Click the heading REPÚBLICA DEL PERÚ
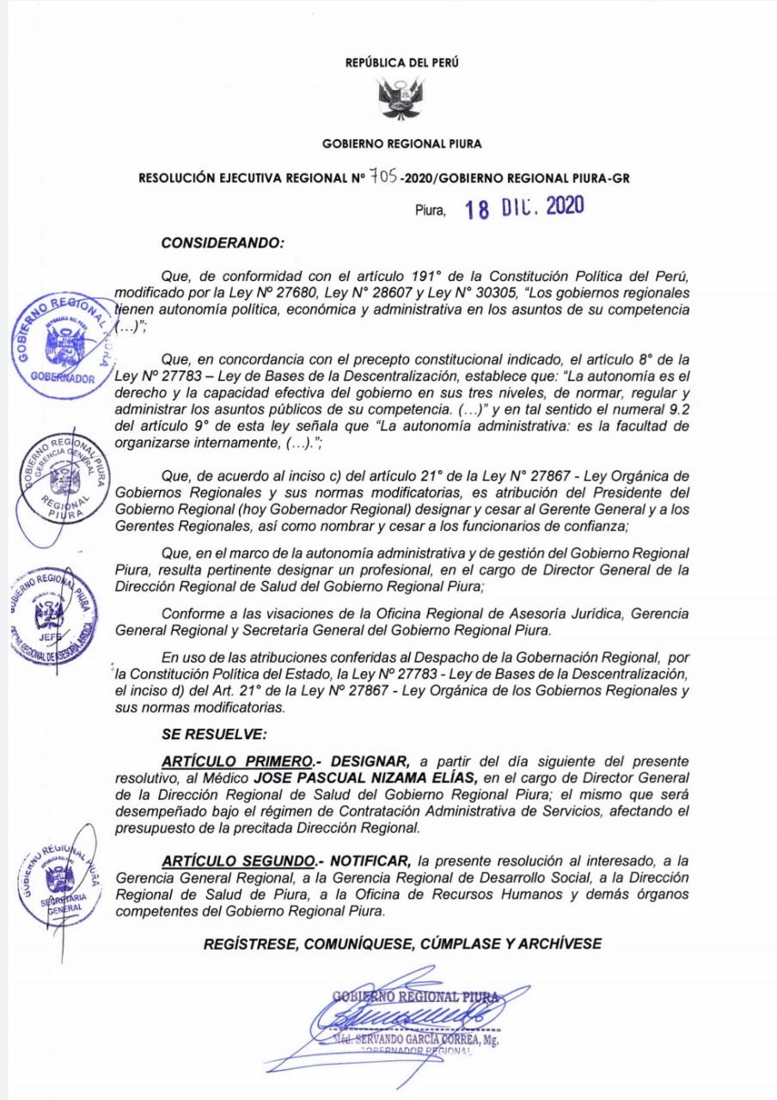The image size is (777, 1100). coord(388,64)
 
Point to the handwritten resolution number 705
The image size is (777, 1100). coord(382,177)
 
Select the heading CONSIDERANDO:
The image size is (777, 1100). coord(223,243)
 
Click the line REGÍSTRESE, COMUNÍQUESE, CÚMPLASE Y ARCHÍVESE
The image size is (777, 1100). coord(402,943)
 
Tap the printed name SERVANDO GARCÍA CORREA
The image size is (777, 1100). coord(412,1039)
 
